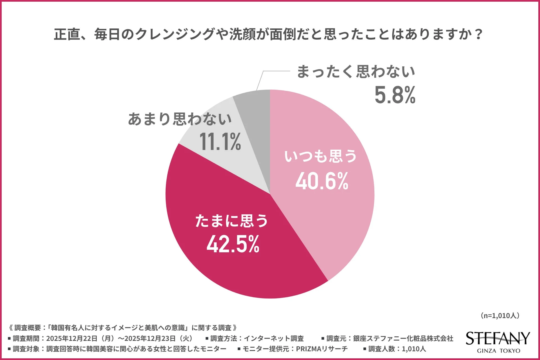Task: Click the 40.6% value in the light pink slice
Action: (322, 181)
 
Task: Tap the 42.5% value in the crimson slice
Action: (233, 244)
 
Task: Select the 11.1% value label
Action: (220, 141)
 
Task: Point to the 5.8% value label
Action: (395, 95)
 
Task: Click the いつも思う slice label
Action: (321, 156)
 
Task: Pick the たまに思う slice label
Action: (232, 221)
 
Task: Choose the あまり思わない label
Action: (180, 119)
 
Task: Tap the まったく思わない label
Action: (356, 72)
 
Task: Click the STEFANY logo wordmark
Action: (498, 338)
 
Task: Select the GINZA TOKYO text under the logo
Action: (498, 351)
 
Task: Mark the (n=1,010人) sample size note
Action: (499, 316)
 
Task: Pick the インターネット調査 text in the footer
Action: (274, 338)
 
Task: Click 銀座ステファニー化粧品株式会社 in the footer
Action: (403, 338)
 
